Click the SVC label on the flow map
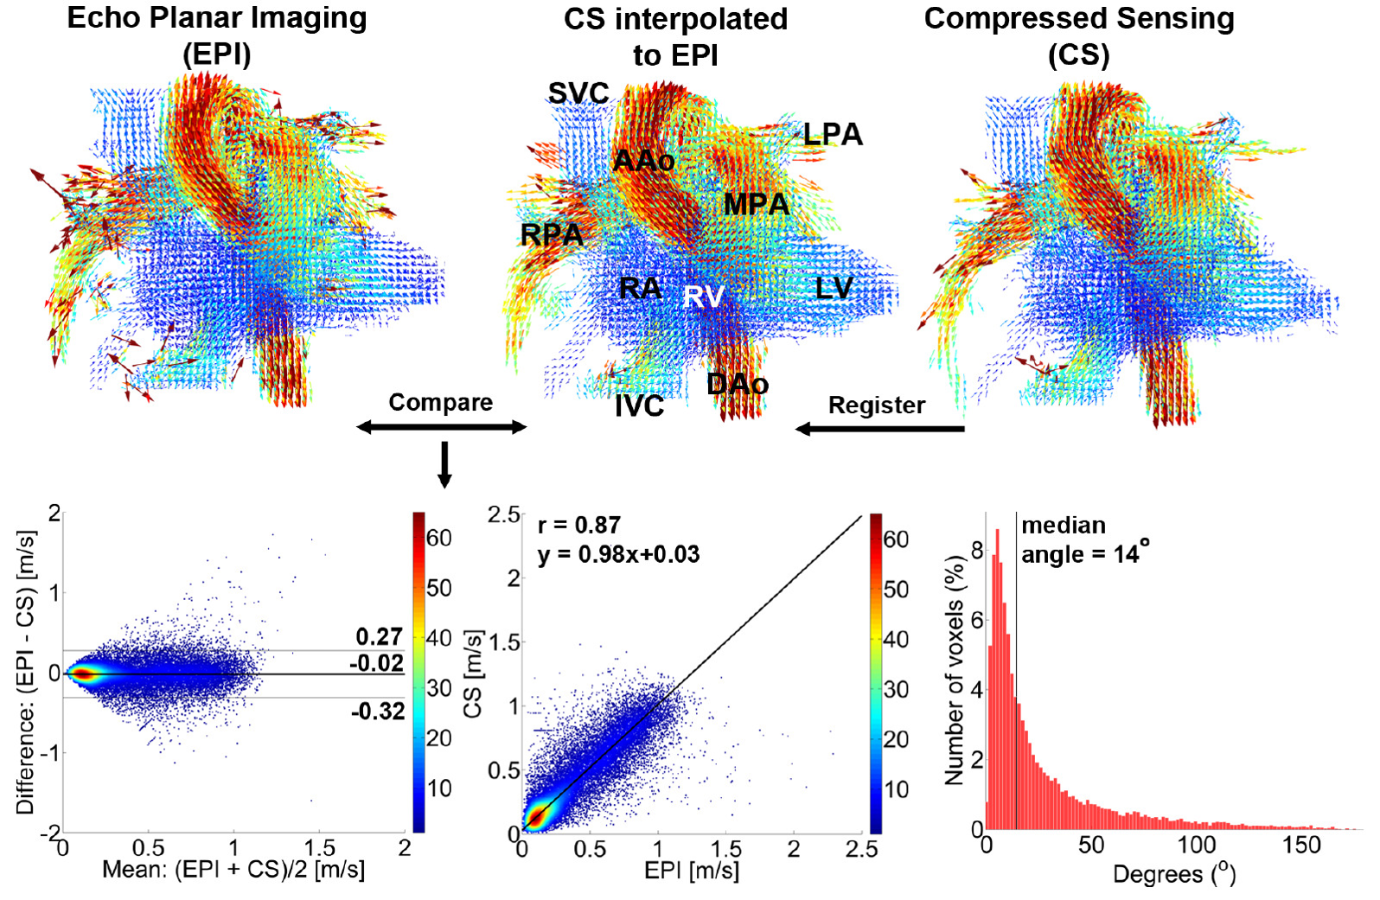(x=578, y=93)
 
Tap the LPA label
(x=833, y=135)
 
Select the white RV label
(x=703, y=297)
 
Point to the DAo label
(x=738, y=384)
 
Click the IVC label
(x=639, y=405)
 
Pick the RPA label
(x=552, y=234)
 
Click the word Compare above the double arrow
(x=440, y=402)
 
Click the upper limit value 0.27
(x=380, y=637)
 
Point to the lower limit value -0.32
(x=378, y=712)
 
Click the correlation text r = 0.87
(x=578, y=526)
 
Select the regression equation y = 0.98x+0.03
(x=618, y=554)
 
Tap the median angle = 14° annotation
(x=1084, y=539)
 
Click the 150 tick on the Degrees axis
(x=1300, y=845)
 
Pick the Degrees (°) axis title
(x=1174, y=875)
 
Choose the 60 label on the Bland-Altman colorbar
(x=439, y=538)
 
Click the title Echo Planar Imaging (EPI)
(x=217, y=35)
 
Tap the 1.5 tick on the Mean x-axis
(x=319, y=848)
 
